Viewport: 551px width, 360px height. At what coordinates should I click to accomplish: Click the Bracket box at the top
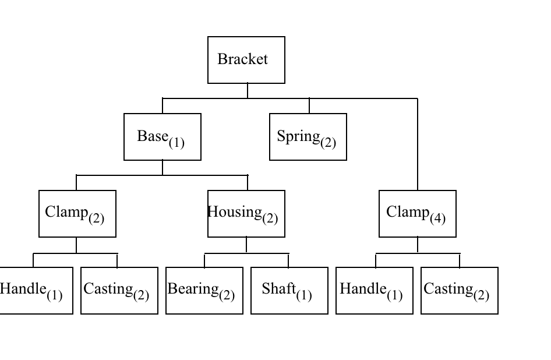pos(246,59)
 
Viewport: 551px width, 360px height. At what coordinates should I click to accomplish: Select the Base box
pos(163,137)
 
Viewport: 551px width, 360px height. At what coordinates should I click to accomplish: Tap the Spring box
pos(308,137)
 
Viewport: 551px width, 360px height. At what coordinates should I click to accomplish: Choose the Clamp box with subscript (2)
pos(77,214)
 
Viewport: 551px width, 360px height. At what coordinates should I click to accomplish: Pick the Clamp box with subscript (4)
pos(418,214)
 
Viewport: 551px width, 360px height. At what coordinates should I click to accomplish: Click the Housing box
pos(246,214)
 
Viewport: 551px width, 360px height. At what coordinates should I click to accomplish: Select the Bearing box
pos(204,291)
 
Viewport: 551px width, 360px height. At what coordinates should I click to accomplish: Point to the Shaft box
pos(289,291)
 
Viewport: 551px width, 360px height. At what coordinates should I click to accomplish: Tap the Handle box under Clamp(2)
pos(35,291)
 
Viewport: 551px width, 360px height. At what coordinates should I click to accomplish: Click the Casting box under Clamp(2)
pos(119,291)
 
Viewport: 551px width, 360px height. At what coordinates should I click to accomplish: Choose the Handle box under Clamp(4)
pos(375,291)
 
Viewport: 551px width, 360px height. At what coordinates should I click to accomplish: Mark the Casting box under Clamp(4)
pos(460,291)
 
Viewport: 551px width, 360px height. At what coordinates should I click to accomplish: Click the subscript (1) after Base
pos(176,142)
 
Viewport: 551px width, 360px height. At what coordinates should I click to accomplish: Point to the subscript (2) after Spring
pos(328,142)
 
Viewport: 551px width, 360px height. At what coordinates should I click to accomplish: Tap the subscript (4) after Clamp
pos(437,219)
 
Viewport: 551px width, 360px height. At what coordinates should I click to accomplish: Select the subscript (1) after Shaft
pos(303,296)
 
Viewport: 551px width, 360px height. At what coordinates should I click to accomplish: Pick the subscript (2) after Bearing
pos(227,296)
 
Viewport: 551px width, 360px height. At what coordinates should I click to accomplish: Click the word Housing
pos(235,211)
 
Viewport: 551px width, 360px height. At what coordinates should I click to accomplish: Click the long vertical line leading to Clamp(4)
pos(418,146)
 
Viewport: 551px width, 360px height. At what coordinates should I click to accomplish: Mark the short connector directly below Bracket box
pos(248,90)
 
